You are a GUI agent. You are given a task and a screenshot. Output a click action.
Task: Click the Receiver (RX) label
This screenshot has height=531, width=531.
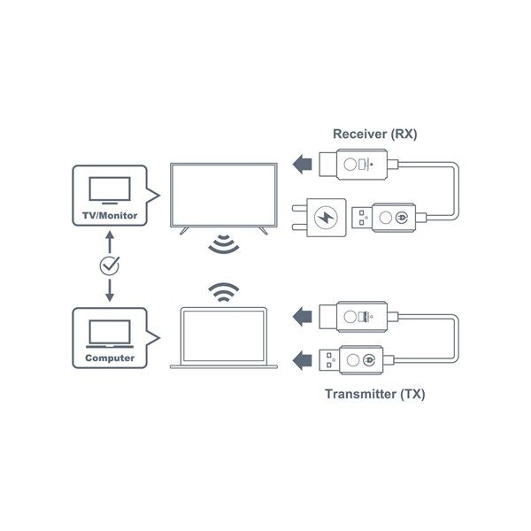(x=374, y=135)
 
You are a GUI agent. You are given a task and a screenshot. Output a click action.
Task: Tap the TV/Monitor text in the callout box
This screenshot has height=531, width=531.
(x=109, y=215)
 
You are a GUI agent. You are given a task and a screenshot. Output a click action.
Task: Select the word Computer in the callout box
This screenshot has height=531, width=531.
(x=109, y=358)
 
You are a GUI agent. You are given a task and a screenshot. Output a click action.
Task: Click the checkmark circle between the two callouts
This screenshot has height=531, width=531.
(x=109, y=265)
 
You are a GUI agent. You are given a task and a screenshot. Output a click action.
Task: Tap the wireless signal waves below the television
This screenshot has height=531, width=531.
(x=220, y=245)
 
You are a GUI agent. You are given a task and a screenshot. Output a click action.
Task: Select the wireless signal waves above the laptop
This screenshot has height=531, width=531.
(x=220, y=291)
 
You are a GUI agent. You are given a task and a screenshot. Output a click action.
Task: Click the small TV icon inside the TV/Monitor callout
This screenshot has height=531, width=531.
(x=110, y=190)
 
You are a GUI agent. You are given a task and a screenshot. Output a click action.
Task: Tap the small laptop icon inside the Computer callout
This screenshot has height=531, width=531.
(x=110, y=334)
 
